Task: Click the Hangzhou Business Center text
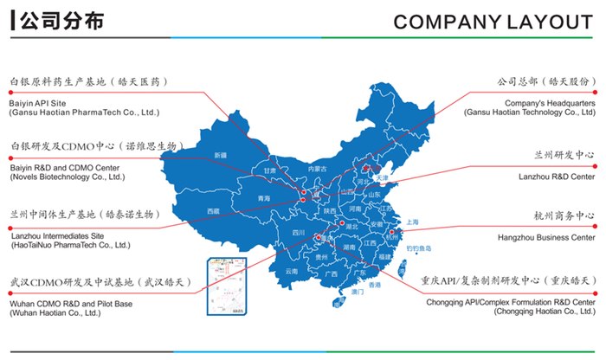[x=546, y=236]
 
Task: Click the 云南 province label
[x=292, y=272]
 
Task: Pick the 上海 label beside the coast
[x=411, y=222]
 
